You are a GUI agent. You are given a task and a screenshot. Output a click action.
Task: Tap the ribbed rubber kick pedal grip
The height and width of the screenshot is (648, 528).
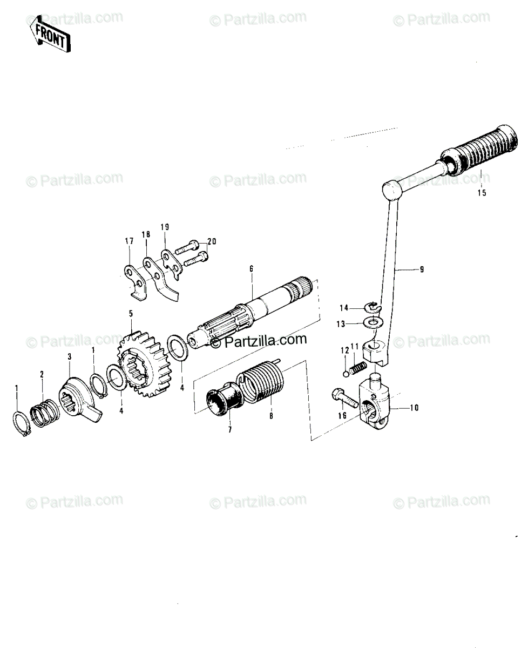(x=479, y=150)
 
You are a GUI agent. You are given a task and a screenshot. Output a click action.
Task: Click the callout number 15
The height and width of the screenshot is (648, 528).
(x=482, y=193)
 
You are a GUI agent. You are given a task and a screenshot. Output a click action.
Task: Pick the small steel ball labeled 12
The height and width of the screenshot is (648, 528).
(x=346, y=374)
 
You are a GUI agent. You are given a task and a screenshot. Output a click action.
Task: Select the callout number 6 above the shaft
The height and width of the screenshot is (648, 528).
(x=251, y=268)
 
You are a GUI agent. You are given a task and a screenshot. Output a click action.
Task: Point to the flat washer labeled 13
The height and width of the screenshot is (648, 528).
(x=373, y=321)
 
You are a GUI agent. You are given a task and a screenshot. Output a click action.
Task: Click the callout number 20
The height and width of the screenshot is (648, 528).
(x=212, y=241)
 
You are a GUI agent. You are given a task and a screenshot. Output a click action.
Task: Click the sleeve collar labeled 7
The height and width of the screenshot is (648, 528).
(x=225, y=402)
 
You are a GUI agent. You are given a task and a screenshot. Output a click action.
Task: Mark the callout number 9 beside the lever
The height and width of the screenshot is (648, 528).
(x=422, y=269)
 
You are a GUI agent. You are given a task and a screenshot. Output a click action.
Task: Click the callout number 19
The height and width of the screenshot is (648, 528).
(x=165, y=227)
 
